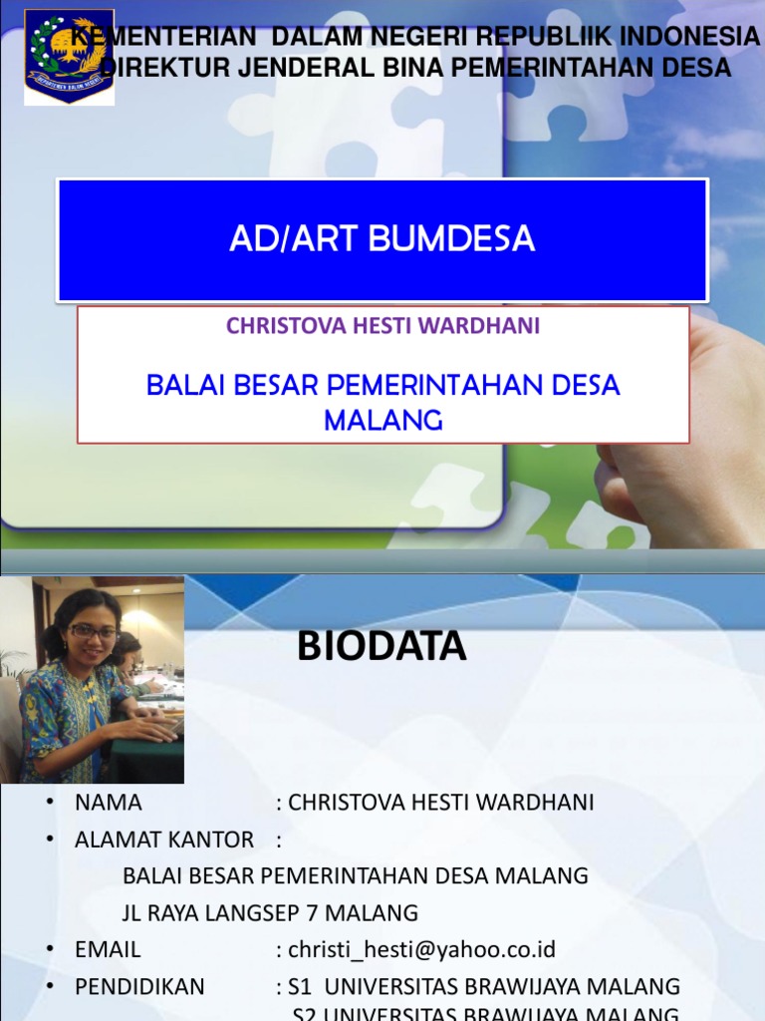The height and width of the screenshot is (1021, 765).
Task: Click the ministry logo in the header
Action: pos(69,58)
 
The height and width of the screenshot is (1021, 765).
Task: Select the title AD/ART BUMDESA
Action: pos(382,239)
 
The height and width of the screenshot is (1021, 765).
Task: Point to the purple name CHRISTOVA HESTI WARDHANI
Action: pos(382,326)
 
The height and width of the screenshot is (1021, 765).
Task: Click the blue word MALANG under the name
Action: pos(382,420)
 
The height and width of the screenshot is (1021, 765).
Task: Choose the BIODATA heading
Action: pos(382,647)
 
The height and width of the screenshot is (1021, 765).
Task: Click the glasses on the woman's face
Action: pos(93,631)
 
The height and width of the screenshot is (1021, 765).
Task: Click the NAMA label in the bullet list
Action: pos(109,803)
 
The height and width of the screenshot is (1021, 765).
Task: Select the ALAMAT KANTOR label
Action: pos(164,840)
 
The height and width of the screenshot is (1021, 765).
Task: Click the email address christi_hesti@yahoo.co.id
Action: pos(421,949)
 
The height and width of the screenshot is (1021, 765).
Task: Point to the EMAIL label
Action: pos(108,949)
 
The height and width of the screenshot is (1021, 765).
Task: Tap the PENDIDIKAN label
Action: pos(139,986)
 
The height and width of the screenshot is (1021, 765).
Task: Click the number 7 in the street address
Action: pos(314,912)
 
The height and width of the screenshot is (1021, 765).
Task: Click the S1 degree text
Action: pos(300,986)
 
